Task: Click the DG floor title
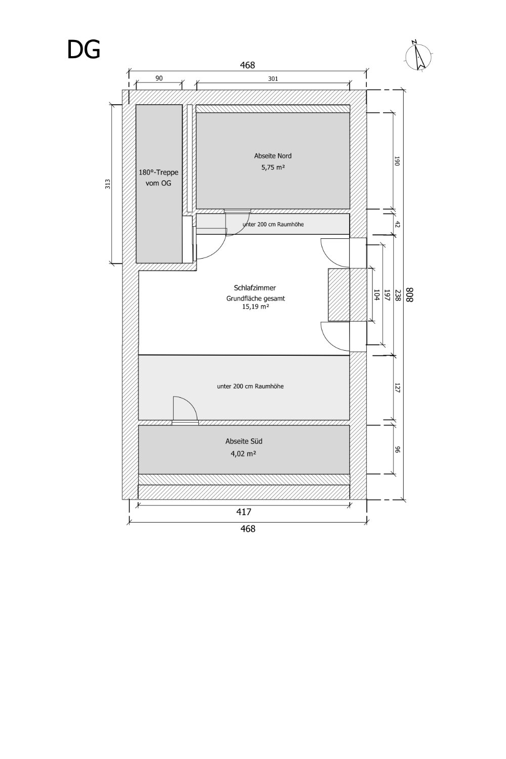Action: click(83, 50)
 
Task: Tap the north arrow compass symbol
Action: click(419, 56)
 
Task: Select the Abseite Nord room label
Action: click(273, 156)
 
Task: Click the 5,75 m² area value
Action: click(273, 167)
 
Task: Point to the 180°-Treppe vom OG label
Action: click(158, 178)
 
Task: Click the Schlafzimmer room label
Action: click(255, 288)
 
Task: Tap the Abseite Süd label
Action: click(244, 441)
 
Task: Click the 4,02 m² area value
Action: click(243, 453)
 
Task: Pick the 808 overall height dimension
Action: click(410, 295)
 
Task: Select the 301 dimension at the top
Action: click(273, 78)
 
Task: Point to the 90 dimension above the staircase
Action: click(159, 78)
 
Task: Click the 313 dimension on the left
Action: click(108, 184)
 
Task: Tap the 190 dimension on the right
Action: click(398, 161)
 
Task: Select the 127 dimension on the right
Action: click(398, 388)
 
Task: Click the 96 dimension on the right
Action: click(398, 450)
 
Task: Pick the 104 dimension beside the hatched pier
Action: click(376, 295)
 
